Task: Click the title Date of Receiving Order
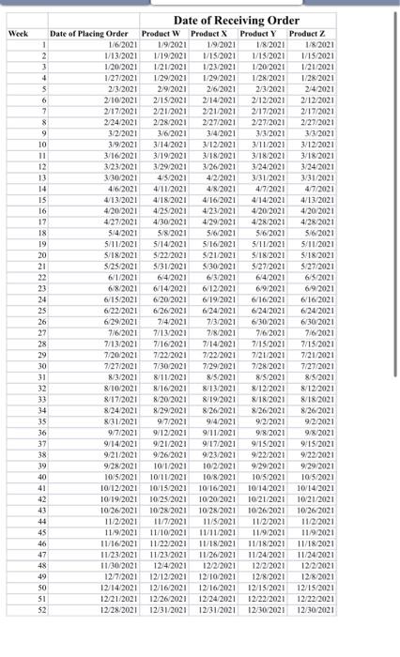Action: tap(237, 20)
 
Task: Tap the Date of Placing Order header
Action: tap(89, 34)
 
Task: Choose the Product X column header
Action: tap(209, 34)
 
